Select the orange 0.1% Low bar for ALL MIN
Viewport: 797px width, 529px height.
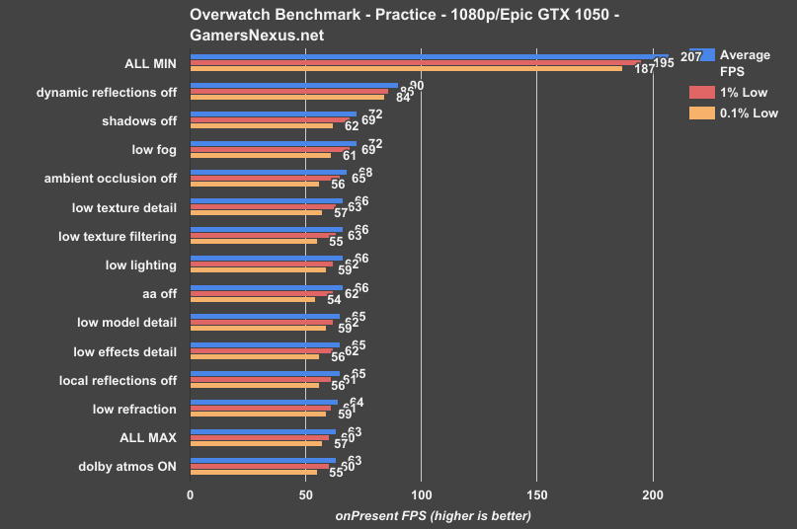(405, 68)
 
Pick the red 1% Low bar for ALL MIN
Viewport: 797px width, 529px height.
(415, 62)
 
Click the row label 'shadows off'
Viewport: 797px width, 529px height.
(139, 121)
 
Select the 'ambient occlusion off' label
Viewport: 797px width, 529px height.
(111, 179)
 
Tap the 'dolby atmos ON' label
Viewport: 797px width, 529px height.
(128, 466)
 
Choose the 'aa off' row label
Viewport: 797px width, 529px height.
(160, 294)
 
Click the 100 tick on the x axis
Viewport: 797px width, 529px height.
(421, 494)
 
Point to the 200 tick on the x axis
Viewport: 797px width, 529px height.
(652, 494)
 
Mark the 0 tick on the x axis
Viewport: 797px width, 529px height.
(190, 494)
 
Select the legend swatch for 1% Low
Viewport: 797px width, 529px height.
(701, 92)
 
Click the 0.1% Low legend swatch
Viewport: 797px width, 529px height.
(701, 113)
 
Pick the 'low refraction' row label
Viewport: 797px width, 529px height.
(134, 409)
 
